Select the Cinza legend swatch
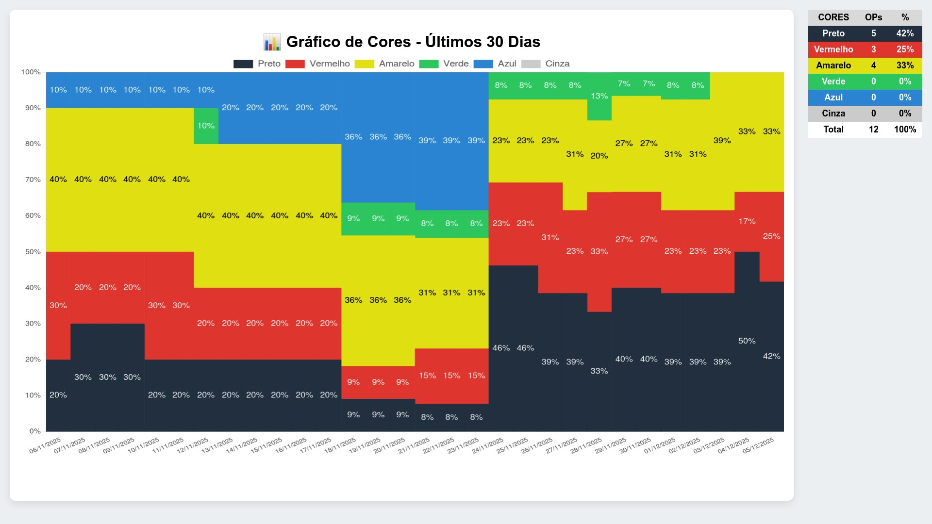pyautogui.click(x=530, y=64)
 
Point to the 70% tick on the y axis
pyautogui.click(x=33, y=180)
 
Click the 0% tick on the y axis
pyautogui.click(x=35, y=431)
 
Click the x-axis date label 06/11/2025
pyautogui.click(x=45, y=445)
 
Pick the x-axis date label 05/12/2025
pyautogui.click(x=758, y=445)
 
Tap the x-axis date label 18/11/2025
pyautogui.click(x=340, y=445)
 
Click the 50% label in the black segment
pyautogui.click(x=747, y=341)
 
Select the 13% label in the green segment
pyautogui.click(x=599, y=96)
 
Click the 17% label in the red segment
pyautogui.click(x=747, y=221)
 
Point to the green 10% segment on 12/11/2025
pyautogui.click(x=206, y=126)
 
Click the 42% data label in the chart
pyautogui.click(x=771, y=356)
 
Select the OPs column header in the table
pyautogui.click(x=873, y=17)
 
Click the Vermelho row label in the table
pyautogui.click(x=833, y=49)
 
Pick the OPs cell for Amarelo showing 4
pyautogui.click(x=873, y=65)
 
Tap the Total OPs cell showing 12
pyautogui.click(x=873, y=130)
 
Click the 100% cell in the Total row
pyautogui.click(x=905, y=130)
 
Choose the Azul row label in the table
pyautogui.click(x=833, y=98)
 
